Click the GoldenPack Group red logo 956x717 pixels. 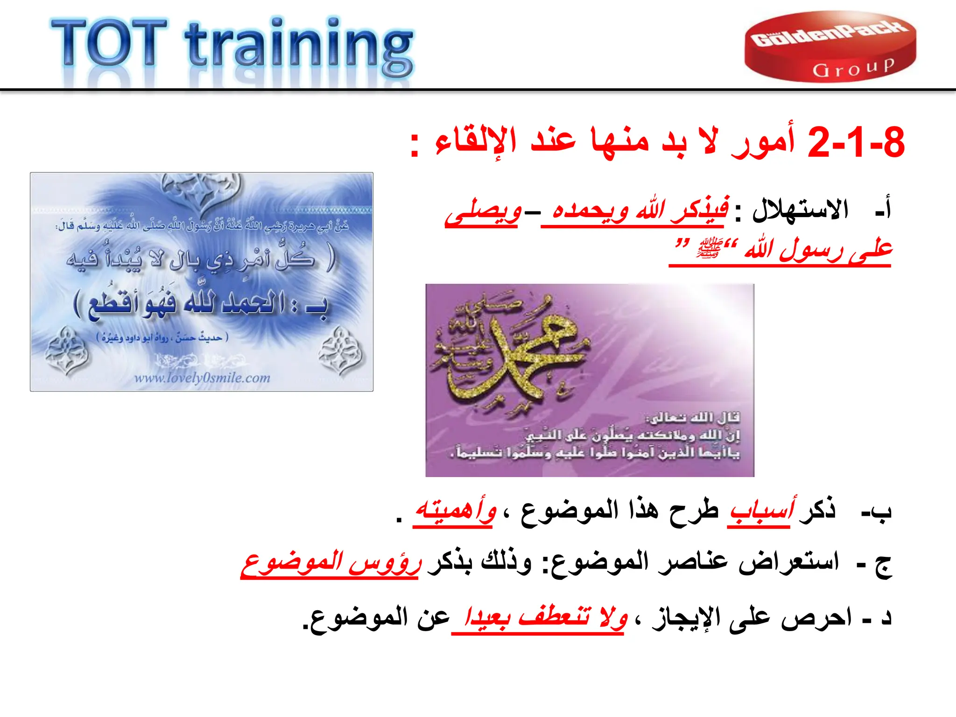(x=830, y=47)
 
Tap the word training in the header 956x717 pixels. (x=299, y=47)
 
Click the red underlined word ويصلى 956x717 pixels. (x=483, y=213)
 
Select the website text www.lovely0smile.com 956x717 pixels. (x=202, y=378)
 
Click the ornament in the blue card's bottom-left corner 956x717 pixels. (x=67, y=351)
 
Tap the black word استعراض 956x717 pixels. (x=789, y=562)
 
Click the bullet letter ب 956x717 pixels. (x=881, y=511)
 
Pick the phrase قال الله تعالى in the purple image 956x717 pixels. (x=693, y=417)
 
